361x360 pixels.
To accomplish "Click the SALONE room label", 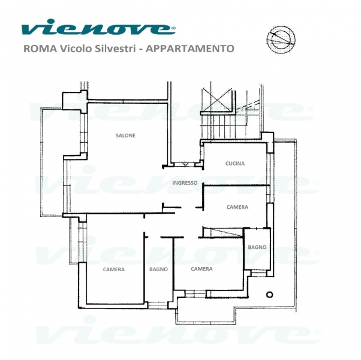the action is click(x=125, y=136).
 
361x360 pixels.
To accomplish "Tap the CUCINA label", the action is click(x=235, y=164).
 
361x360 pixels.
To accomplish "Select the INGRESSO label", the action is click(x=185, y=183).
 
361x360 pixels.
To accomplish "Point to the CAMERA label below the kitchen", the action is click(x=237, y=207).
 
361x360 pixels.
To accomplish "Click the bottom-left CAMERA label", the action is click(x=114, y=269).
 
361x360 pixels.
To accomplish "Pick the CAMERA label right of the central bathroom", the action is click(x=201, y=269).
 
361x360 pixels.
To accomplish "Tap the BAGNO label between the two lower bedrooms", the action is click(x=158, y=269).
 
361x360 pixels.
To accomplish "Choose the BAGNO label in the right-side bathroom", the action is click(x=257, y=247).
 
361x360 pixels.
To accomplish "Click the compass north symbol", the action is click(x=281, y=38).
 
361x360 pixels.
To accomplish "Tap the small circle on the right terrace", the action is click(x=270, y=295).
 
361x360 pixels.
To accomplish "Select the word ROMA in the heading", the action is click(x=40, y=49).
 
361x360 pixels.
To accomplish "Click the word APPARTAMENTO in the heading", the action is click(x=190, y=49).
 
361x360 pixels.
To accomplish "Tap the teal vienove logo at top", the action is click(x=97, y=27).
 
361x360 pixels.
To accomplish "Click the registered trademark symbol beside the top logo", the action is click(x=173, y=28).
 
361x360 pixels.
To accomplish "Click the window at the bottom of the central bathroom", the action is click(x=158, y=305).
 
